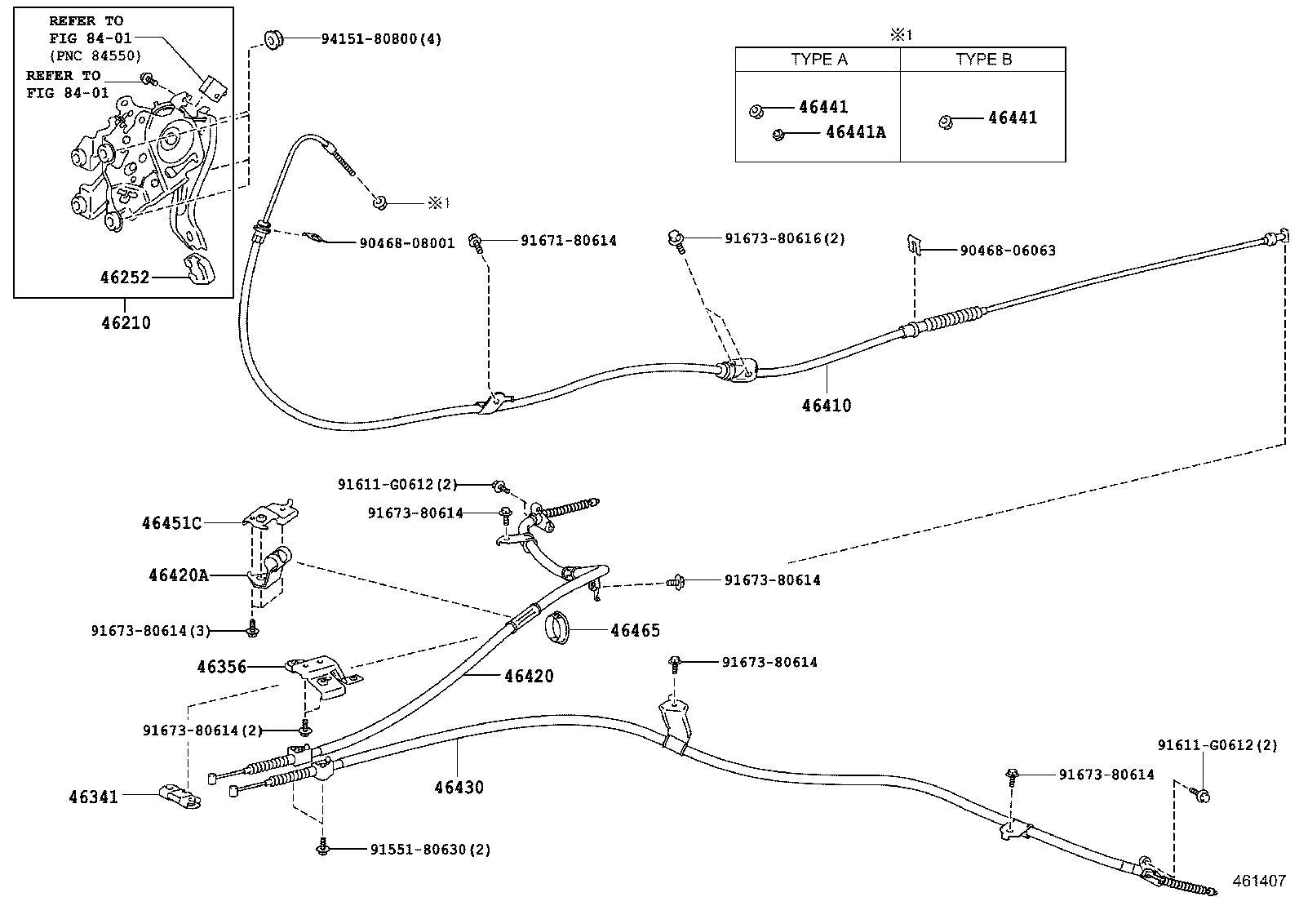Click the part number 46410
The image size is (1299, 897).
coord(826,406)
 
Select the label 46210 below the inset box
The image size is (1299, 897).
coord(126,322)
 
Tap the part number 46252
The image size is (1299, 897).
coord(125,278)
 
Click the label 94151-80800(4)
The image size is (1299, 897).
coord(380,38)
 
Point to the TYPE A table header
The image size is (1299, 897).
coord(818,60)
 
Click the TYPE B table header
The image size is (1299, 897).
coord(983,60)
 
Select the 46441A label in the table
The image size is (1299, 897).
coord(855,132)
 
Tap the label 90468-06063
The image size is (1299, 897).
coord(1007,251)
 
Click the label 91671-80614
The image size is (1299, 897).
coord(568,241)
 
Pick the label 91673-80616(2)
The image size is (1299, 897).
coord(784,238)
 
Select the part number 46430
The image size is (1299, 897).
coord(459,788)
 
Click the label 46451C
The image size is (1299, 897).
coord(171,523)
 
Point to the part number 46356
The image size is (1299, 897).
coord(221,667)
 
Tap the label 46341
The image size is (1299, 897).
coord(93,797)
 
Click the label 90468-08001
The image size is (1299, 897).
coord(406,243)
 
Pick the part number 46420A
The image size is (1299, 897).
coord(178,575)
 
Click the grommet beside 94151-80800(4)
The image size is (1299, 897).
coord(274,38)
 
